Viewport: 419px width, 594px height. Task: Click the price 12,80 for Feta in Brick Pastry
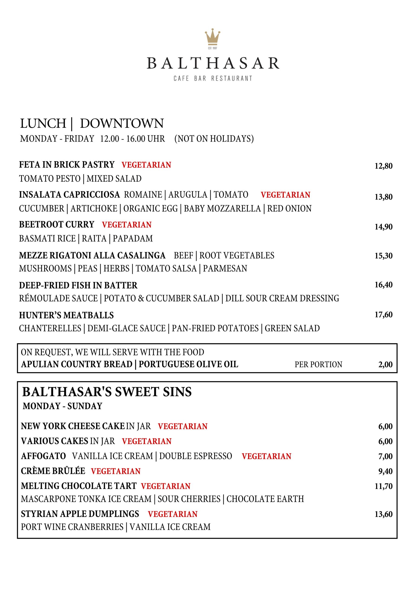383,166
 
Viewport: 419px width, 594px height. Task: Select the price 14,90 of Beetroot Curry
383,227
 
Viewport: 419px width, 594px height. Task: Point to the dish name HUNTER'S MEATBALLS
66,315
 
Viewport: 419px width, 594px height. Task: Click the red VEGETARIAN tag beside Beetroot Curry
127,225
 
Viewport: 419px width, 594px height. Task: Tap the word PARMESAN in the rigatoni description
225,268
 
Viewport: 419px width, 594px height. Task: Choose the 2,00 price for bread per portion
385,365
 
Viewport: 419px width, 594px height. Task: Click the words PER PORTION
318,365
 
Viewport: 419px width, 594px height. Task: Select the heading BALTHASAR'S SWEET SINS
107,392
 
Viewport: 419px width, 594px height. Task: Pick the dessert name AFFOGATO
43,456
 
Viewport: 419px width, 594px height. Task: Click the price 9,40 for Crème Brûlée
385,471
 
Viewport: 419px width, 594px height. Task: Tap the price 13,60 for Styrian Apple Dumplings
383,514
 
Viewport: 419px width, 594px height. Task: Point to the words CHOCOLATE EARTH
265,499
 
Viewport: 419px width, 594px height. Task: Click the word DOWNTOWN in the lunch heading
122,123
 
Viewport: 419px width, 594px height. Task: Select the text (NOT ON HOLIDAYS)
214,139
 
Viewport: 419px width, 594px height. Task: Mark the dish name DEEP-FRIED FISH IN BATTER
78,285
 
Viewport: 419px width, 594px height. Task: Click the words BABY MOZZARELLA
222,209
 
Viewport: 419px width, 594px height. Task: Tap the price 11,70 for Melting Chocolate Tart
383,486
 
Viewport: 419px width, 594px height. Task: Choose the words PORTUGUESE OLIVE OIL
188,364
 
